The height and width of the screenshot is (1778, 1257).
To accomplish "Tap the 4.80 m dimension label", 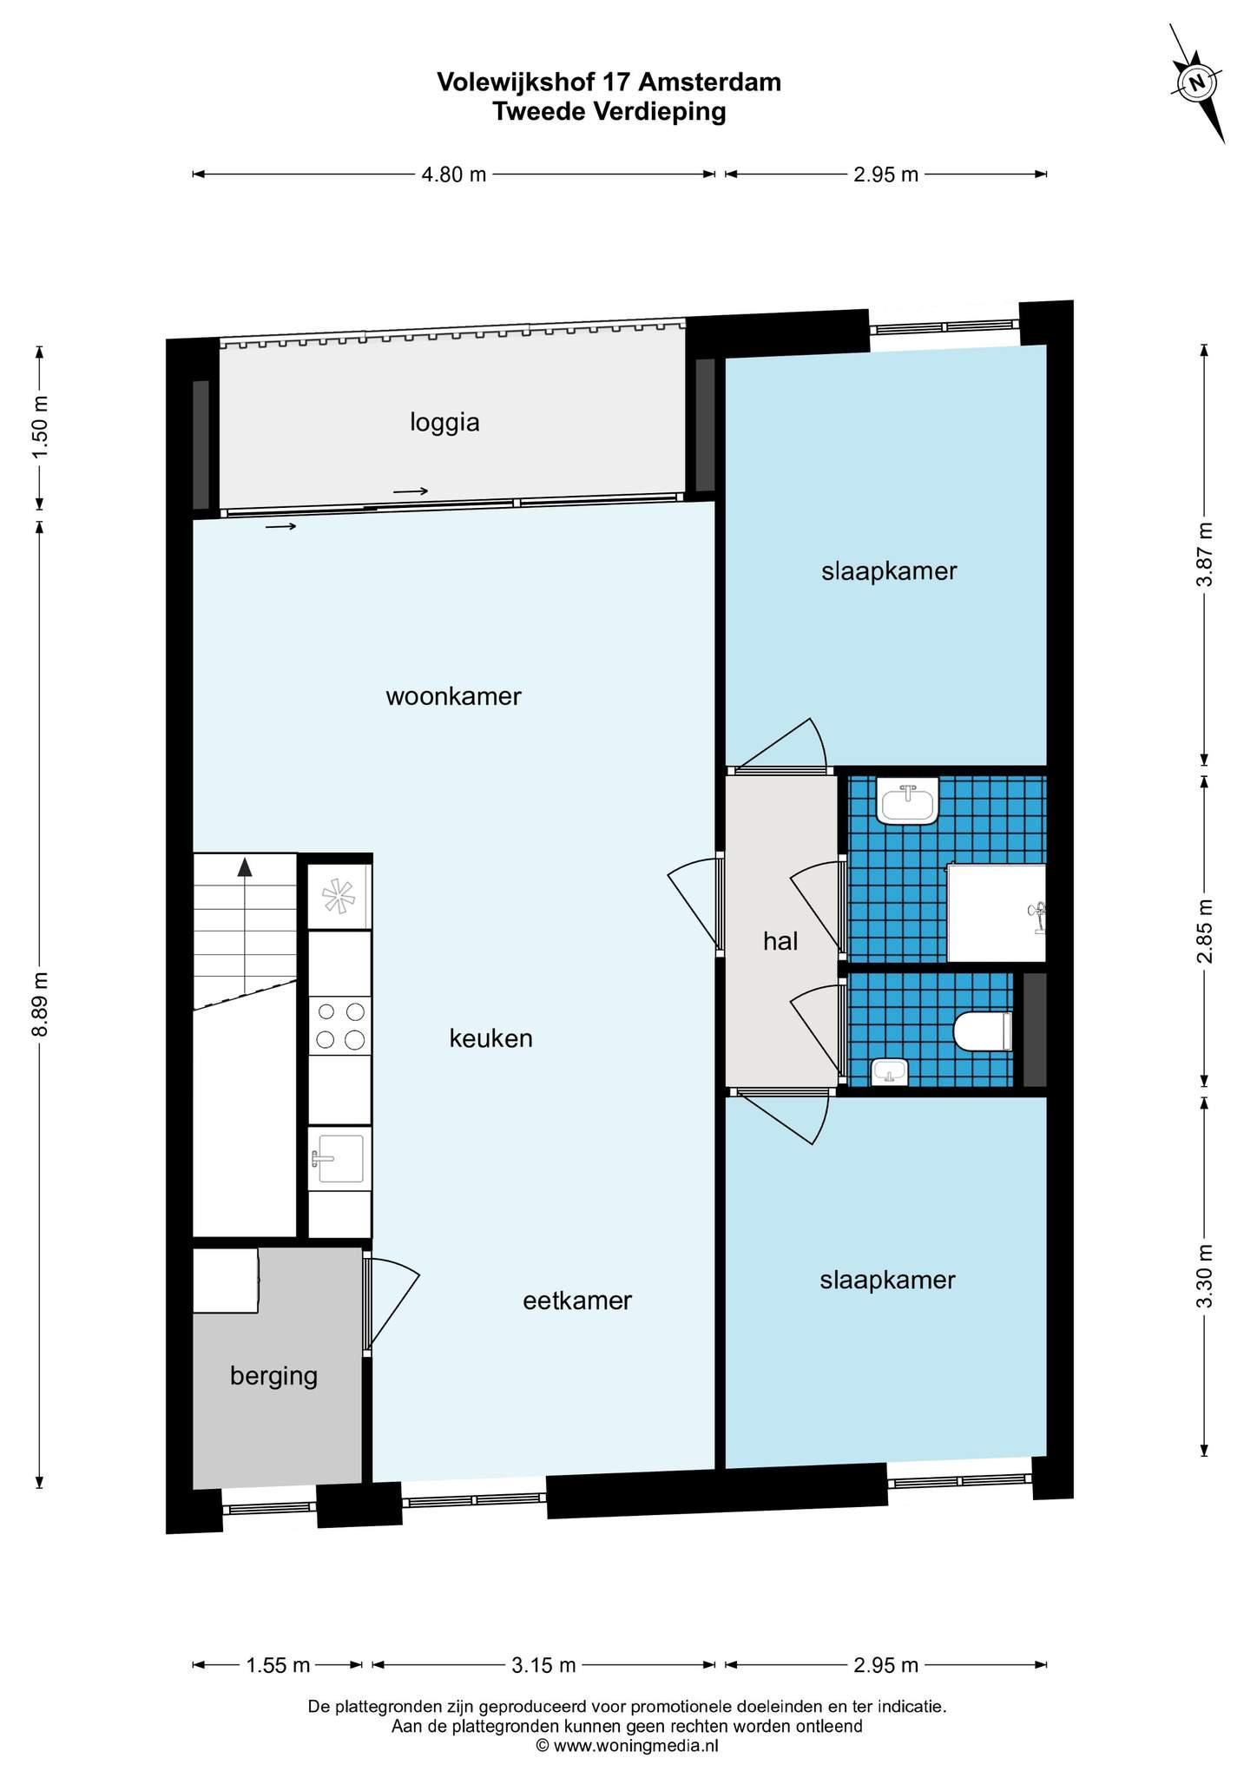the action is tap(454, 175).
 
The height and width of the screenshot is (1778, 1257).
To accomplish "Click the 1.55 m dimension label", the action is tap(278, 1665).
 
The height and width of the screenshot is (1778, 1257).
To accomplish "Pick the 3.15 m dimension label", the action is tap(543, 1665).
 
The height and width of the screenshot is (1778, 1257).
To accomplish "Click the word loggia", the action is tap(444, 424).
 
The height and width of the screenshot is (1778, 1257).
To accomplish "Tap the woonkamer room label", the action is tap(453, 696).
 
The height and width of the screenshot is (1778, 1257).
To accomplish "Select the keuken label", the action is tap(490, 1038).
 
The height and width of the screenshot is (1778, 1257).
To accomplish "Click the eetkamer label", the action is tap(577, 1301).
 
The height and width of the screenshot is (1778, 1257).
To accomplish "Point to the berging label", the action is tap(274, 1376).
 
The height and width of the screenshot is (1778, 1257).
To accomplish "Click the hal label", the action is tap(780, 940).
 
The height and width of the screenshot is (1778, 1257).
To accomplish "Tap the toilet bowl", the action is tap(983, 1031).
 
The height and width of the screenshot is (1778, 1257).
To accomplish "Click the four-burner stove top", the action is tap(340, 1025).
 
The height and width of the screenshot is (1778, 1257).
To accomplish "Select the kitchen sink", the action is tap(339, 1158).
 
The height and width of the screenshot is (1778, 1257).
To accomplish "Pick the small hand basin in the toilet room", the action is tap(889, 1072).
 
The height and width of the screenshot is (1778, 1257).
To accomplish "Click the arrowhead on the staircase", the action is tap(245, 866).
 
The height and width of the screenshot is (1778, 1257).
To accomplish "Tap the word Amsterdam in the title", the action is tap(710, 82).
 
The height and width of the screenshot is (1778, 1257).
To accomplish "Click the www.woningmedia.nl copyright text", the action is tap(627, 1745).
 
